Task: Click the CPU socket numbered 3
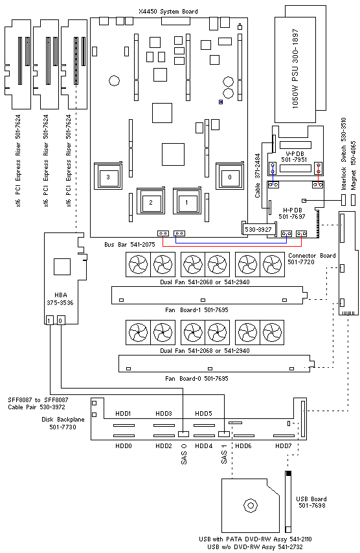108,177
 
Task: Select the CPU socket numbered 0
230,177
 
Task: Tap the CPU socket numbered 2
151,202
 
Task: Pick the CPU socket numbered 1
186,202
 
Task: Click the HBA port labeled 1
50,321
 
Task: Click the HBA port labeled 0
61,321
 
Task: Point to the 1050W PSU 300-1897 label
295,69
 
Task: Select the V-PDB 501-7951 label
294,157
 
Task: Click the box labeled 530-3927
258,229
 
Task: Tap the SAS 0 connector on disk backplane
183,434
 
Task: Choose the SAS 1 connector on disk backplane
224,434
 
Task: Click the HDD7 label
284,446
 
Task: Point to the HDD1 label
124,413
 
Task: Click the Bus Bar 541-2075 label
129,244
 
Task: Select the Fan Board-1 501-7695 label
197,310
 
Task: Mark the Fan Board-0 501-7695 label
197,378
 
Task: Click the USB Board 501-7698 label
311,502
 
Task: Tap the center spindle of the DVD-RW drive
251,506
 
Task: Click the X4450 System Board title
168,12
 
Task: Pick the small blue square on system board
221,102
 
